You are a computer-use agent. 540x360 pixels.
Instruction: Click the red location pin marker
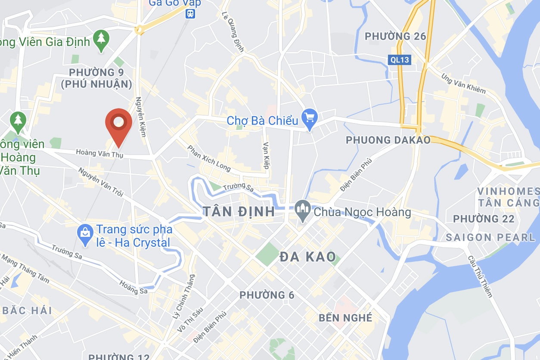[x=118, y=124]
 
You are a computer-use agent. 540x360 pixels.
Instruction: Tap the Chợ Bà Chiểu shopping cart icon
[x=309, y=117]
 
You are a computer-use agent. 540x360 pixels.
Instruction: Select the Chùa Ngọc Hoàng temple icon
[x=303, y=211]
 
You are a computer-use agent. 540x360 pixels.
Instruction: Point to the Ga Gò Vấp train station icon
[x=190, y=13]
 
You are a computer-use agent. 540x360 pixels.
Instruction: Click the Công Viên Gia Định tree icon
[x=101, y=39]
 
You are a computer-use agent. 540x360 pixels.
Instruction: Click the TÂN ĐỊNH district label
[x=239, y=211]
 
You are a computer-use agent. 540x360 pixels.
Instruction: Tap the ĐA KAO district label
[x=307, y=257]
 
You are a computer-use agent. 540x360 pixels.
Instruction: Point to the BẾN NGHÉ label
[x=345, y=318]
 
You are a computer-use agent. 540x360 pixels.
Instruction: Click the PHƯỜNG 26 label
[x=395, y=36]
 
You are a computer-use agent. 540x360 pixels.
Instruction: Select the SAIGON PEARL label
[x=490, y=237]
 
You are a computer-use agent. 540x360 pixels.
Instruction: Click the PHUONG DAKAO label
[x=388, y=140]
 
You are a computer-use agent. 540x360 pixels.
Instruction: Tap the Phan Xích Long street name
[x=209, y=158]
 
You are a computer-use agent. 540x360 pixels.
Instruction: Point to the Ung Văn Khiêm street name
[x=463, y=83]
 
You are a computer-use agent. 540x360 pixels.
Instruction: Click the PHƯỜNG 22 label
[x=484, y=219]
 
